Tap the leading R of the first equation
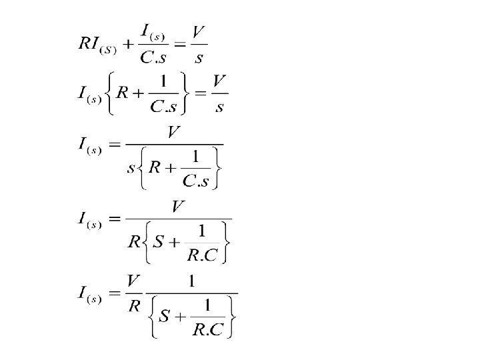[x=85, y=44]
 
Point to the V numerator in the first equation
[x=198, y=31]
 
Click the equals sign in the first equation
[x=179, y=44]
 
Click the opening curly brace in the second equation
[x=109, y=95]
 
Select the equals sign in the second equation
[x=200, y=95]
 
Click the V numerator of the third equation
[x=174, y=133]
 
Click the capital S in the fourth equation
[x=158, y=241]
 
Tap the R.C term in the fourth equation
[x=203, y=255]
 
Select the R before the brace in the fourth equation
[x=134, y=241]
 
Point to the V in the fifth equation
[x=134, y=283]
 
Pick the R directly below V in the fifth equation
[x=134, y=307]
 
